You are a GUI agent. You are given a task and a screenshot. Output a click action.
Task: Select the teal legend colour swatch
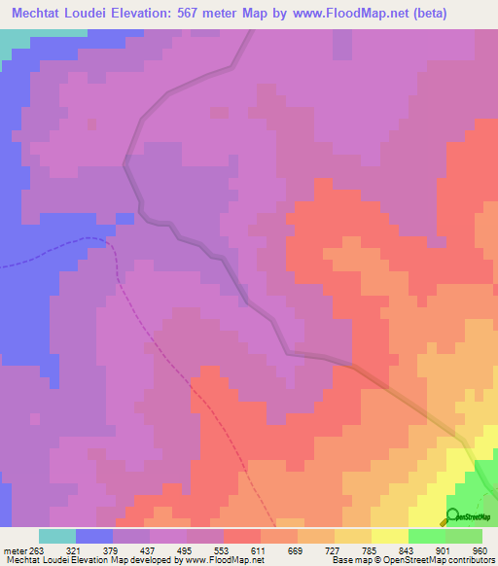pos(56,536)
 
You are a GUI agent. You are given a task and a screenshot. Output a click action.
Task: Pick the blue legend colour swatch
pos(94,536)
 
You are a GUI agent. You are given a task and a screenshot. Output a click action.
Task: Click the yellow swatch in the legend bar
pos(390,536)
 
